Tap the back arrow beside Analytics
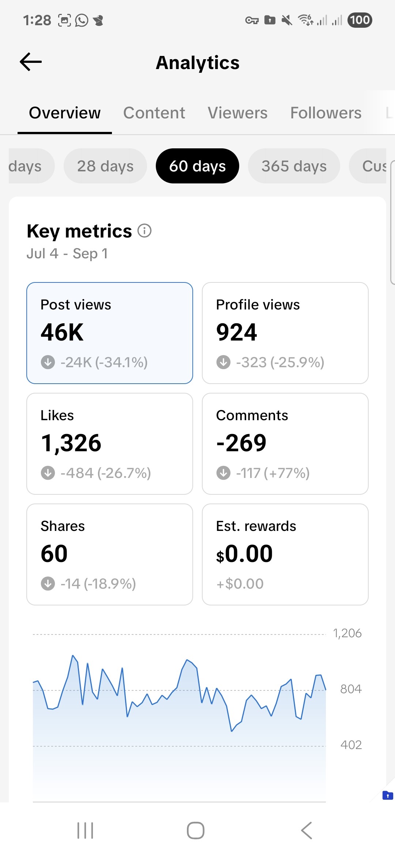pos(31,62)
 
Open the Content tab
pos(154,113)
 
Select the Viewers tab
pos(237,113)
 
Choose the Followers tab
pos(326,113)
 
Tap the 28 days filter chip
pos(105,166)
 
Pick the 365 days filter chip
pos(294,166)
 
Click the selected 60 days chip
pos(197,166)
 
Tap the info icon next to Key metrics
pos(144,231)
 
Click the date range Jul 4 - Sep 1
pos(67,254)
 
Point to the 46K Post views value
pos(62,332)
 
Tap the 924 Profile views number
pos(237,332)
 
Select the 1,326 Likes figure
pos(71,443)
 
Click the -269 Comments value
pos(241,443)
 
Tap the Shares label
pos(63,526)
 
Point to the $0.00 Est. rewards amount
pos(244,554)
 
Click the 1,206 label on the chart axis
pos(347,633)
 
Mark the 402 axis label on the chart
pos(351,745)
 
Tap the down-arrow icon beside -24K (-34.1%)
pos(48,362)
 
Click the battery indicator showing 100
pos(360,20)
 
